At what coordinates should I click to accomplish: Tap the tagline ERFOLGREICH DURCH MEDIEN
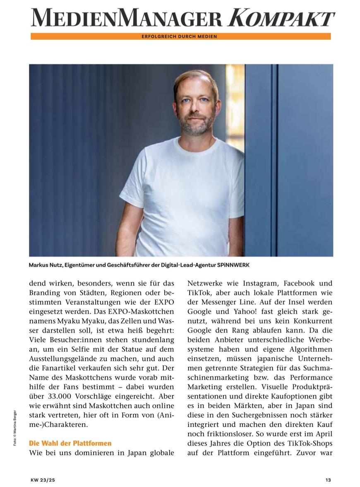pyautogui.click(x=179, y=36)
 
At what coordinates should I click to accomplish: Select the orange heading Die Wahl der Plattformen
pyautogui.click(x=70, y=443)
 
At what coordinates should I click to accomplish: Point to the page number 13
pyautogui.click(x=328, y=480)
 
